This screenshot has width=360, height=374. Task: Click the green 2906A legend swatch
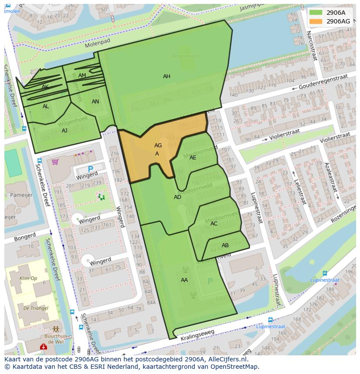pos(316,13)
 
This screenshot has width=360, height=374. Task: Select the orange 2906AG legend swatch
pos(316,21)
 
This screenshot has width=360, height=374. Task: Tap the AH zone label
pos(167,76)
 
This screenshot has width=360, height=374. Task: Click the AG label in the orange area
pos(158,146)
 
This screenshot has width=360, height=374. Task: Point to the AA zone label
pos(184,280)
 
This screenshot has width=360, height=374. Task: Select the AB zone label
pos(225,245)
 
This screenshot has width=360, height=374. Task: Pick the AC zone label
pos(214,224)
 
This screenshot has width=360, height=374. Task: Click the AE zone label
pos(193,158)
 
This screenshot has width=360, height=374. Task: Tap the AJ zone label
pos(64,131)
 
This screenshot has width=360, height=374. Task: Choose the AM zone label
pos(82,76)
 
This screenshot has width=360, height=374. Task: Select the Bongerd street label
pos(25,238)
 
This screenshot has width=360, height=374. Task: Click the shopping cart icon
pos(55,162)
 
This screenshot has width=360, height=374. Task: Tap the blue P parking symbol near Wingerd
pos(90,169)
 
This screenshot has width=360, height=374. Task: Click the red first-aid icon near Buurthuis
pos(43,347)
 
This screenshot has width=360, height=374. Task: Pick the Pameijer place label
pos(21,195)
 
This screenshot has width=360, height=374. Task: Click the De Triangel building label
pos(32,308)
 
